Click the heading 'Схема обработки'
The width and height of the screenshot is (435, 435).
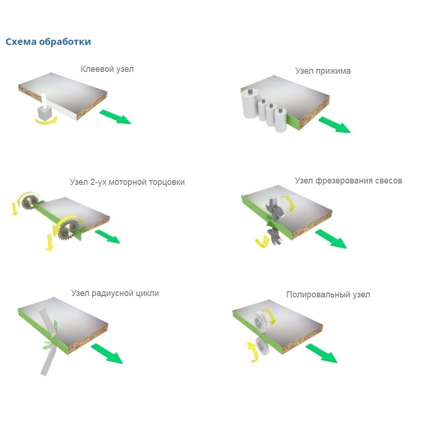[x=48, y=42]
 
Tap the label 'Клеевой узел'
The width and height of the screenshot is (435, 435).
[x=107, y=69]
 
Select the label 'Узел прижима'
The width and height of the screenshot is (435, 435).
[x=323, y=71]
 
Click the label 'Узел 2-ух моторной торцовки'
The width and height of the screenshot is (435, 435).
[x=127, y=182]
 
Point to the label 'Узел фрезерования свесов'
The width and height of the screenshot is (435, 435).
[x=348, y=181]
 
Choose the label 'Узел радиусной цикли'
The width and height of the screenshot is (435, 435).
[x=115, y=293]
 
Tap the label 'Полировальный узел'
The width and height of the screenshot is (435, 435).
[x=328, y=295]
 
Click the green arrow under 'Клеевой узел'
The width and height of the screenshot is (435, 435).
[x=115, y=116]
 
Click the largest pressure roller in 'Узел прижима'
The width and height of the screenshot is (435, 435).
[x=251, y=104]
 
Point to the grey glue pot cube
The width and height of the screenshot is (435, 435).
[x=44, y=113]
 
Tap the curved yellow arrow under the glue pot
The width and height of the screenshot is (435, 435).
[x=46, y=121]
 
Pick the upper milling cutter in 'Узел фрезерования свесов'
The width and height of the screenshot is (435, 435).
[x=275, y=209]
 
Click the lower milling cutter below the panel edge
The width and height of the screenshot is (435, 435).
[x=275, y=236]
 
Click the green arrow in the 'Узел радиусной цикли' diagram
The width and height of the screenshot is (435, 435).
[x=107, y=353]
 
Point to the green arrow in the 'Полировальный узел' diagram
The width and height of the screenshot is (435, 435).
[x=322, y=353]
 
